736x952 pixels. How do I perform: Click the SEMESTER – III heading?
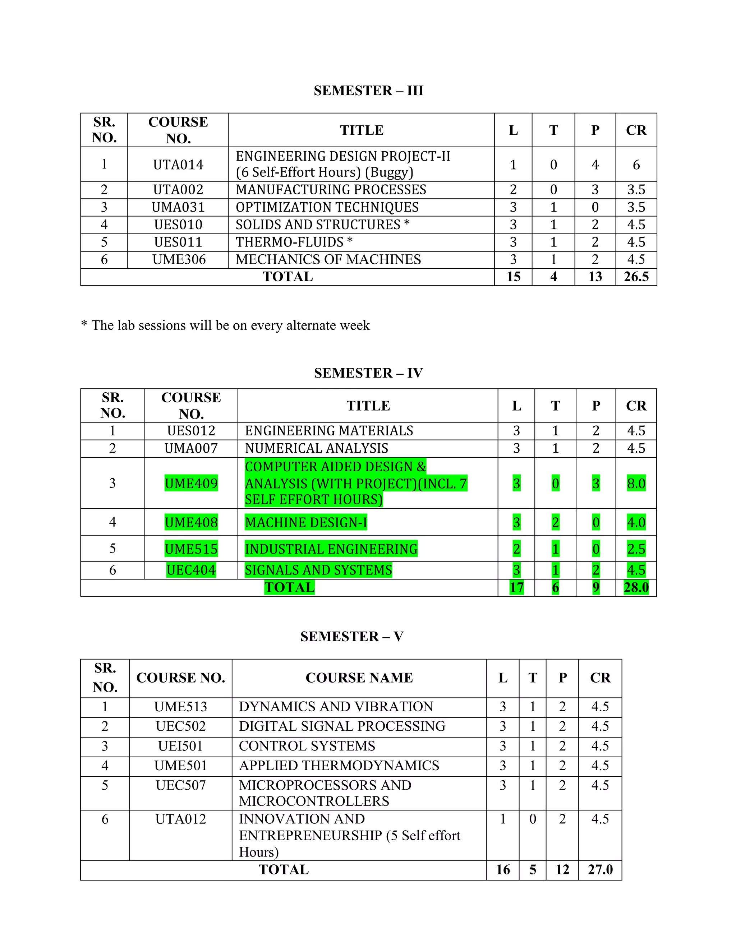pos(368,91)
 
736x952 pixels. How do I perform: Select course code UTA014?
pos(178,165)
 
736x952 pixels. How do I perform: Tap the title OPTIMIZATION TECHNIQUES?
pos(327,207)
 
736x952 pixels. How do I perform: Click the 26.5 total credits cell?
pos(636,277)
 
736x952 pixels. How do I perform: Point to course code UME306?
pos(179,259)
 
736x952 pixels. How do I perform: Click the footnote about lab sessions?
pos(225,325)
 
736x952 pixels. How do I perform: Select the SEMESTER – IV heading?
pos(368,373)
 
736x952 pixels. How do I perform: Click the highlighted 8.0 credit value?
pos(636,484)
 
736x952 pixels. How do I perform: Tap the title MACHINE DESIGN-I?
pos(306,522)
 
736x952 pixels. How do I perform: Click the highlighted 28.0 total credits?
pos(636,588)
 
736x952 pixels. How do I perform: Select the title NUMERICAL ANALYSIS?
pos(317,448)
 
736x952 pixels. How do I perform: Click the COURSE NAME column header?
pos(359,678)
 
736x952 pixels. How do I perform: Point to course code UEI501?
pos(180,746)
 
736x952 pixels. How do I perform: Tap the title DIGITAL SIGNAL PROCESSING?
pos(342,726)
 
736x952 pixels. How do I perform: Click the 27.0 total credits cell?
pos(600,870)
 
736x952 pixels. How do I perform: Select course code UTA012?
pos(180,819)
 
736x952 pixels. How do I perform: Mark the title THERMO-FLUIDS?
pos(294,242)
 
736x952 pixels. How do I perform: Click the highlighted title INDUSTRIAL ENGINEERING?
pos(331,549)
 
